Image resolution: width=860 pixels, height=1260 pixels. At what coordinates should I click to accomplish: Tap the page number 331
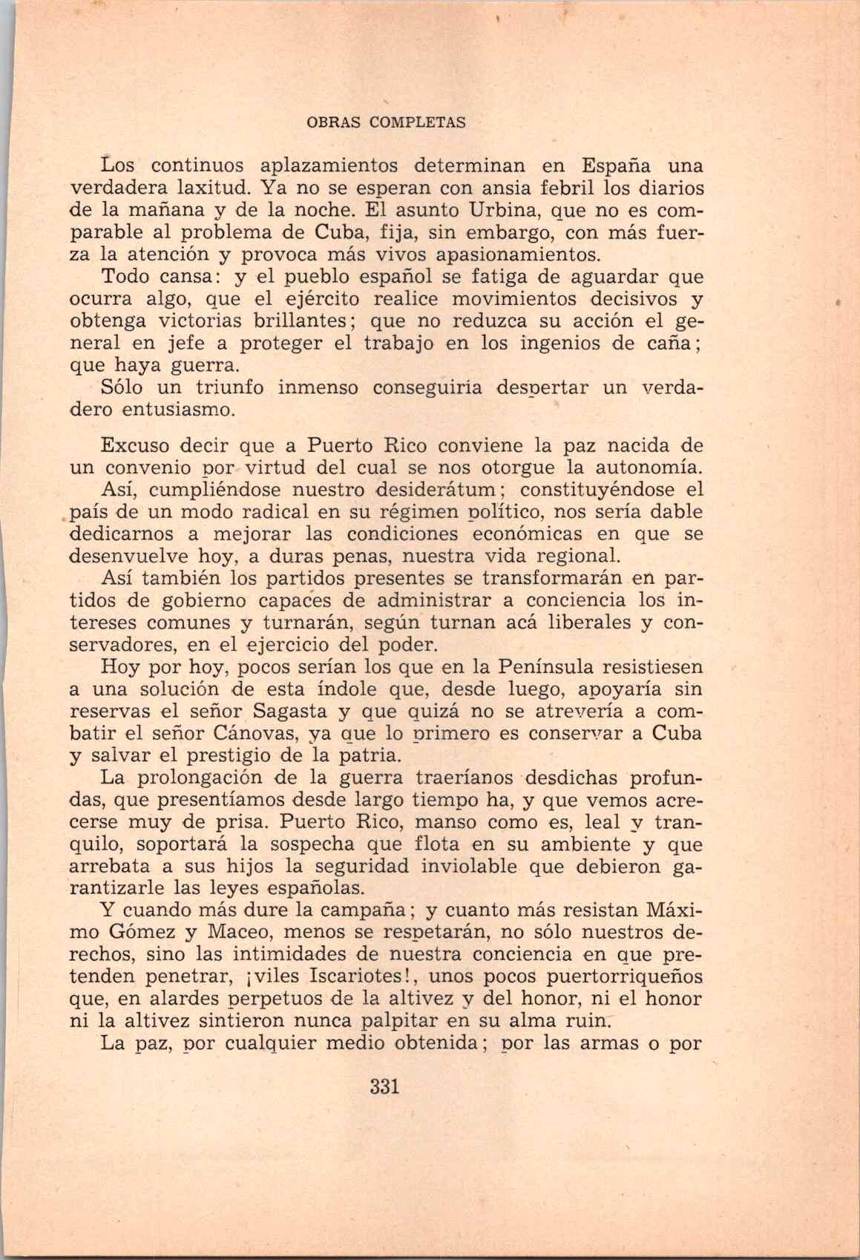coord(384,1087)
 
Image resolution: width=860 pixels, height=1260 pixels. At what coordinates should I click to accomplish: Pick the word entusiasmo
coord(179,410)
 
